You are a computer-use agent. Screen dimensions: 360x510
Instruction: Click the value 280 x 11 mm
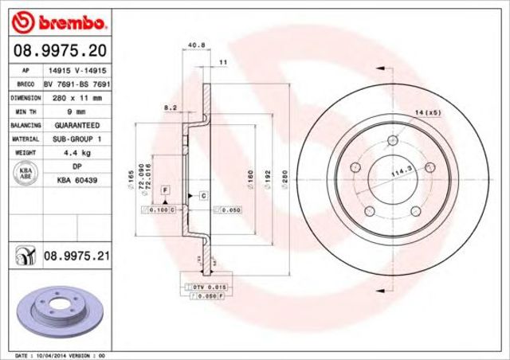click(76, 98)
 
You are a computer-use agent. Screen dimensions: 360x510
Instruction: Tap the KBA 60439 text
click(76, 181)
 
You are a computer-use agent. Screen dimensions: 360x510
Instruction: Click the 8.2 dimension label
click(169, 106)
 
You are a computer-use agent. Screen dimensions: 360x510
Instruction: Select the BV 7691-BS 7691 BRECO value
click(76, 84)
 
